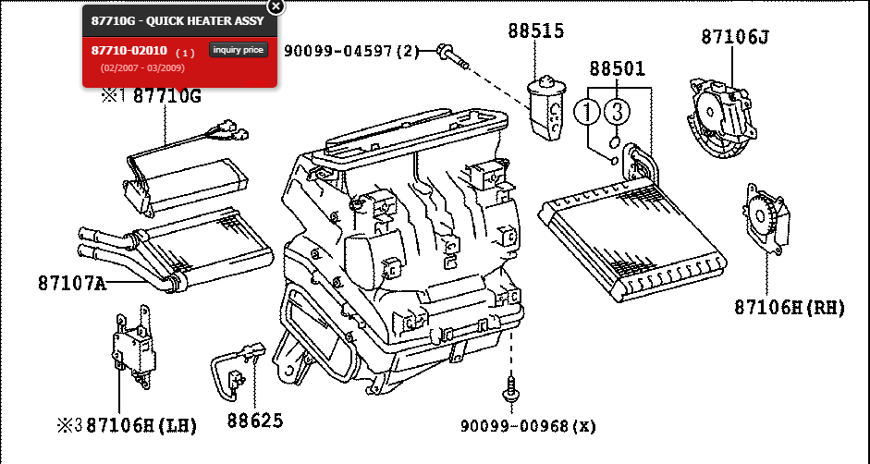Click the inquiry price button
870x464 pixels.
click(x=239, y=50)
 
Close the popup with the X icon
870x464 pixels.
click(x=276, y=6)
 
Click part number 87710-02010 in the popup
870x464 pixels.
click(x=129, y=50)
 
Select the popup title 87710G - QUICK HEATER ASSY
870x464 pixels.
click(x=178, y=20)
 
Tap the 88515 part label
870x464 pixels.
click(x=535, y=31)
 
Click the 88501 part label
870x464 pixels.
click(x=618, y=68)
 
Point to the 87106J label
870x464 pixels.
click(x=735, y=37)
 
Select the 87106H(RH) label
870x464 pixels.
click(x=790, y=307)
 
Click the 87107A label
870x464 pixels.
click(x=72, y=283)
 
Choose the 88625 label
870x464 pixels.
click(x=255, y=421)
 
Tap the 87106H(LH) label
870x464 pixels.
click(x=141, y=425)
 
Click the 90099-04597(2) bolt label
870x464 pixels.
click(x=351, y=51)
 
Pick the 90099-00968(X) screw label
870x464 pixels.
click(x=529, y=426)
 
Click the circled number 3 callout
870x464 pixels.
click(x=618, y=113)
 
